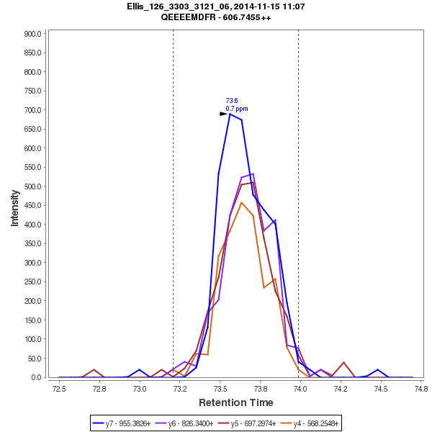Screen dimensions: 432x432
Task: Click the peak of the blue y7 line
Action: [230, 114]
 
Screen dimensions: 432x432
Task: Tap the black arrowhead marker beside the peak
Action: [223, 114]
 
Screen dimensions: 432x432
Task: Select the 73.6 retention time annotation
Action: [232, 101]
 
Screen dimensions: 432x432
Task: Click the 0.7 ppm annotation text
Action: [237, 109]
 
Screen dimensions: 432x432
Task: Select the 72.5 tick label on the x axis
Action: [59, 390]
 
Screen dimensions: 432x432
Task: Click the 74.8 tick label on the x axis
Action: [413, 390]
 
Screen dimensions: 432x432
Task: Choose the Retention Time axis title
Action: [235, 402]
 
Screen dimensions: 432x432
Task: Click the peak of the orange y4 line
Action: [242, 202]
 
